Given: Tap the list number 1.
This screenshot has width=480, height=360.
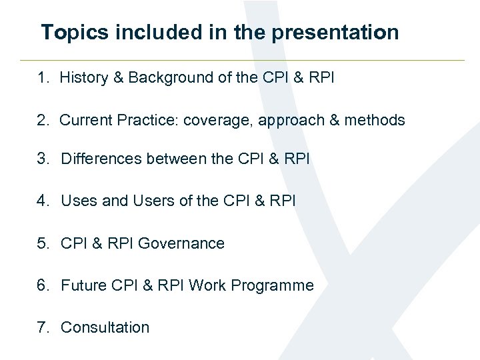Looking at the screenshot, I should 43,78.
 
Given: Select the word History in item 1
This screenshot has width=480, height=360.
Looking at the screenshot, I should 83,78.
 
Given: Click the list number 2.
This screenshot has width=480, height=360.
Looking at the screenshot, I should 43,120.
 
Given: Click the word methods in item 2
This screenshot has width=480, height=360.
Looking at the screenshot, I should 375,120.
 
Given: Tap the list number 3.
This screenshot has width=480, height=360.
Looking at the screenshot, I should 43,159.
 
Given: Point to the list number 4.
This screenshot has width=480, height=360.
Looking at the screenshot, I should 43,201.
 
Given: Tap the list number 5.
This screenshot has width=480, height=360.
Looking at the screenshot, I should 43,243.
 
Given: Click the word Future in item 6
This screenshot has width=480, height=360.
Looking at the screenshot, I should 83,285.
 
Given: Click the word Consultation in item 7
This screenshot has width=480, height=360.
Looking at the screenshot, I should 105,327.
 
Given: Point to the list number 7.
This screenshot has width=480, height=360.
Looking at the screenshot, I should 43,327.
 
